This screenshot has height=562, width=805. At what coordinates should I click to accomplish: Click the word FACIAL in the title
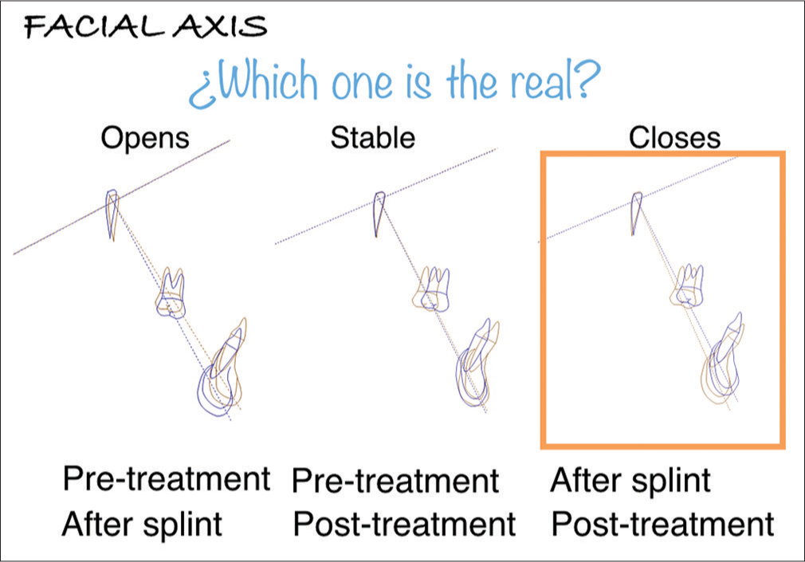tap(95, 27)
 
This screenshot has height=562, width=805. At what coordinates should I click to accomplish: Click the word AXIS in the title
tap(221, 27)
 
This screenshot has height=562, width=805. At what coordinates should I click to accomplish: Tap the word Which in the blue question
tap(268, 81)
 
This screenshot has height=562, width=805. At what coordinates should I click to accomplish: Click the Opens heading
tap(145, 138)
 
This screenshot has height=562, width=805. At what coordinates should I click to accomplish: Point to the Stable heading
tap(372, 137)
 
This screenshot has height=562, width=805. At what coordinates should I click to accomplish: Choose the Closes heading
tap(674, 138)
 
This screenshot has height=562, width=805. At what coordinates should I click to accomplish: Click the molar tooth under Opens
tap(171, 293)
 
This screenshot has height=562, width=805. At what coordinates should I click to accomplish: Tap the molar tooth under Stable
tap(432, 289)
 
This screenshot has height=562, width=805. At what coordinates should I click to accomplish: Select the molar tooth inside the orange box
tap(687, 286)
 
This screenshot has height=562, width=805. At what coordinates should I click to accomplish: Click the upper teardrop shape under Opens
tap(112, 214)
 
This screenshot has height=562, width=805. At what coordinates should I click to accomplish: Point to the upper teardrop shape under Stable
tap(379, 214)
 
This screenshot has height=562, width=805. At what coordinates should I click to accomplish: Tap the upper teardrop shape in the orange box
tap(636, 213)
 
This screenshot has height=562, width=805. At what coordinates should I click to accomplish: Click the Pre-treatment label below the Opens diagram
tap(167, 479)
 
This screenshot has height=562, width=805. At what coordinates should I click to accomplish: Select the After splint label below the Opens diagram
tap(142, 524)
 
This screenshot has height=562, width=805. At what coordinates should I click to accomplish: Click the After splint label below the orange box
tap(630, 481)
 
